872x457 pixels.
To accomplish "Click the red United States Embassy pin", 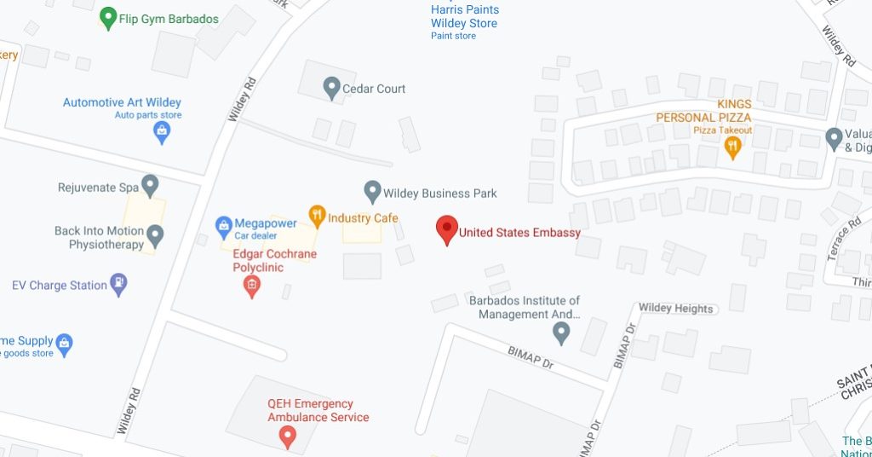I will pyautogui.click(x=447, y=229).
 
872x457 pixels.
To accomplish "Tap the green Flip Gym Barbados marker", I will pyautogui.click(x=108, y=18).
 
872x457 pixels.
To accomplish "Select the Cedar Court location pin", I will pyautogui.click(x=331, y=87).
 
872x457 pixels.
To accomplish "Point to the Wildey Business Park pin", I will pyautogui.click(x=372, y=192).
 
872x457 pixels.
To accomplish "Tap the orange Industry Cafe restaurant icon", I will pyautogui.click(x=317, y=217).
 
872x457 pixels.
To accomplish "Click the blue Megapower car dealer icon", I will pyautogui.click(x=223, y=224).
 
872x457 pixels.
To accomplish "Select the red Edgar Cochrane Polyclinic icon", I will pyautogui.click(x=251, y=287).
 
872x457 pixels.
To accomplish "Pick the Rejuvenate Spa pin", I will pyautogui.click(x=151, y=185).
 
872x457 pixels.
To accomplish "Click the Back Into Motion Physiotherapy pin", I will pyautogui.click(x=155, y=234).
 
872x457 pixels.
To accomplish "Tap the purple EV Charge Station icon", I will pyautogui.click(x=119, y=284).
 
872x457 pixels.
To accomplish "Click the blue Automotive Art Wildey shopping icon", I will pyautogui.click(x=161, y=131).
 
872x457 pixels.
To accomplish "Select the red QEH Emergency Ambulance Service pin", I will pyautogui.click(x=288, y=438).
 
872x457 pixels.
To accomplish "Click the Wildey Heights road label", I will pyautogui.click(x=675, y=309).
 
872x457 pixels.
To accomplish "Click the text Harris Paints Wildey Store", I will pyautogui.click(x=464, y=16).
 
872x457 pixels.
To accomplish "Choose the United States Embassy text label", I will pyautogui.click(x=519, y=232).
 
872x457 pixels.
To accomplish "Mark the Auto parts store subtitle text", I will pyautogui.click(x=148, y=115).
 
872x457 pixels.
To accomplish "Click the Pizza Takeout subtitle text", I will pyautogui.click(x=722, y=130).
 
